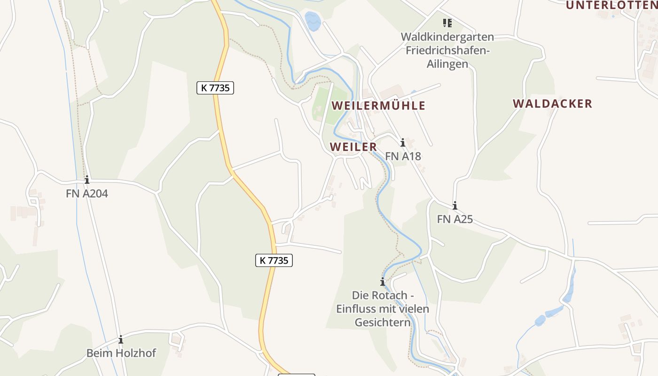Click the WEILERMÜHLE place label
(x=378, y=106)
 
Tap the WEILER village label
(x=353, y=147)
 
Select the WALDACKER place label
(x=552, y=104)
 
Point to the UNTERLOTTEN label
(x=611, y=6)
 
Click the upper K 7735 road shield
(x=215, y=88)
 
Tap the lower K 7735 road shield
(x=274, y=260)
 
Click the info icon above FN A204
(x=87, y=180)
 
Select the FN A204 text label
(x=87, y=193)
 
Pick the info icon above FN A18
(x=403, y=142)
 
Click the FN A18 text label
(x=403, y=156)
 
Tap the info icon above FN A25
(x=455, y=206)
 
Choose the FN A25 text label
(x=455, y=219)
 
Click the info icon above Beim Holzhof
(x=121, y=339)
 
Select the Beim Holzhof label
(x=121, y=353)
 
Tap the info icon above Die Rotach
(x=383, y=282)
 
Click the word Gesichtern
(x=382, y=323)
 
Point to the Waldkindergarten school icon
(x=447, y=23)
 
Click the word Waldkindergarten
(x=447, y=37)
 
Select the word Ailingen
(x=447, y=64)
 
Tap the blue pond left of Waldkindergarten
(x=313, y=21)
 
